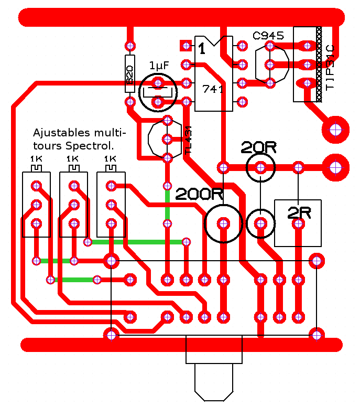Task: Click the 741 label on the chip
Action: coord(213,89)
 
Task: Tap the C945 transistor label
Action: coord(268,36)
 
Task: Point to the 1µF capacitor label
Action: coord(159,66)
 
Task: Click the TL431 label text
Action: coord(188,141)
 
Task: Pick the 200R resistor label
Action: coord(199,195)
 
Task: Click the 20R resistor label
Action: coord(258,147)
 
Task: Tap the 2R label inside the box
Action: coord(299,213)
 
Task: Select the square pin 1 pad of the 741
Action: coord(185,46)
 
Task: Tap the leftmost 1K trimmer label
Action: coord(36,159)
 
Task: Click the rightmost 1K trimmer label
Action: coord(110,159)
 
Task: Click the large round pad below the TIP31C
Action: coord(336,129)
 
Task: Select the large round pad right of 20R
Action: coord(336,167)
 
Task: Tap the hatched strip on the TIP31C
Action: coord(318,64)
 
